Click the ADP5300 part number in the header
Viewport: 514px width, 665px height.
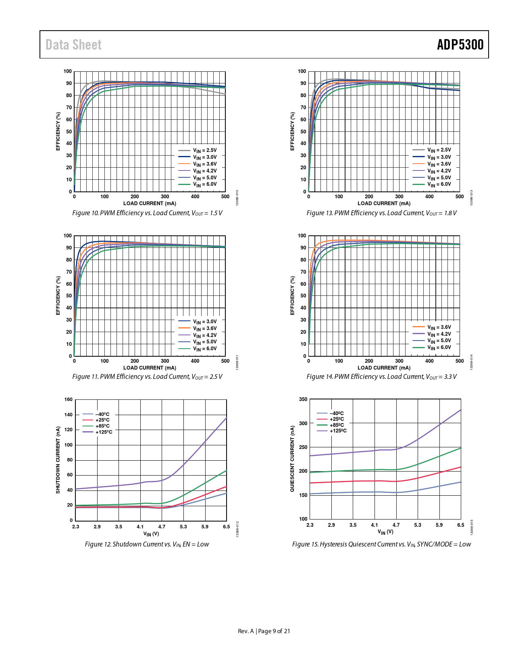point(460,45)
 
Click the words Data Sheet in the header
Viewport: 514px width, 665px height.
point(73,45)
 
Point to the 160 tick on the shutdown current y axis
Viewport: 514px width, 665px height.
point(69,399)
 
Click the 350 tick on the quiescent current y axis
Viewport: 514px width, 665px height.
point(303,399)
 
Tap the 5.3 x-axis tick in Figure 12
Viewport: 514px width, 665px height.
point(183,527)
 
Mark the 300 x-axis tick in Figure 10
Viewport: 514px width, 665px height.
point(165,197)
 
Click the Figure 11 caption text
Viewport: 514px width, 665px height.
point(147,376)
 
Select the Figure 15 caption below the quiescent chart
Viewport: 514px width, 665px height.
point(381,544)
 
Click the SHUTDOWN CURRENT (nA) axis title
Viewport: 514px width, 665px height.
point(58,460)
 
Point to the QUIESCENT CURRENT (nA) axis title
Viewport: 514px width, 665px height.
point(292,459)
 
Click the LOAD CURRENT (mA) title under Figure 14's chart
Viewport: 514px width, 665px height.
point(384,368)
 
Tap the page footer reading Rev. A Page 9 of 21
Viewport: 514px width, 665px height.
point(264,631)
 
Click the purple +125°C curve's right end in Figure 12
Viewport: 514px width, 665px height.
point(226,418)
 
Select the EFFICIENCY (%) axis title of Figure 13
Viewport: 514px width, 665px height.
point(293,131)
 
